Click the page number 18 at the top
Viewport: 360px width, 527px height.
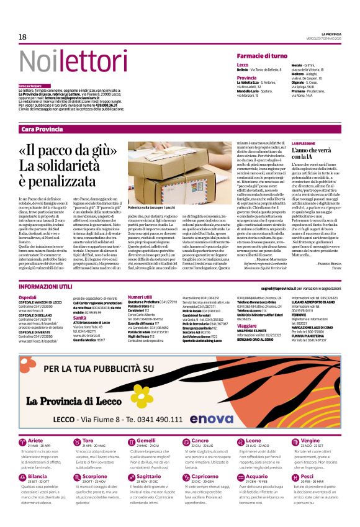click(22, 37)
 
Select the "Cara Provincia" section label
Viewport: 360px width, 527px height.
click(42, 129)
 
